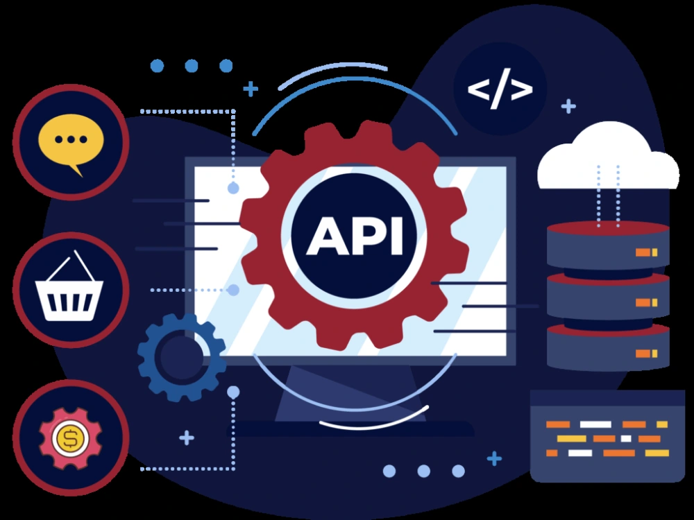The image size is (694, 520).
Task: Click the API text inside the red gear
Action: [x=355, y=235]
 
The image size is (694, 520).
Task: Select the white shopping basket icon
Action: [x=69, y=286]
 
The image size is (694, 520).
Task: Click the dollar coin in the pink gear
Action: [x=70, y=437]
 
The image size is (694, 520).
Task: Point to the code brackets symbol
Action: [x=500, y=89]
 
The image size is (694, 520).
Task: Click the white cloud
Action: [x=608, y=156]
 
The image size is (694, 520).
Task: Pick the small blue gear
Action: [x=181, y=357]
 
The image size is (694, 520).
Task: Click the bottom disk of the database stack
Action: [x=608, y=347]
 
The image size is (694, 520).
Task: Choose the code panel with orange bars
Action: [x=607, y=436]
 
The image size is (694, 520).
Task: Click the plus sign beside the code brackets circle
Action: [x=568, y=106]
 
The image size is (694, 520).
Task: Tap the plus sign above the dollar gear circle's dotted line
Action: [x=187, y=437]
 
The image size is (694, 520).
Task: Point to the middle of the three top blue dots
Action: [x=192, y=66]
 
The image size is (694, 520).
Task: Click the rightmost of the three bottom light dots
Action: [x=458, y=471]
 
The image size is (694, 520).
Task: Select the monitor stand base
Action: [x=350, y=428]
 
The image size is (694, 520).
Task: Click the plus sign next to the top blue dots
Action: [x=251, y=89]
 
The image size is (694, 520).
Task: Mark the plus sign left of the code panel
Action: [x=494, y=458]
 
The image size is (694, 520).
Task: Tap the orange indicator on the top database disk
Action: [x=647, y=252]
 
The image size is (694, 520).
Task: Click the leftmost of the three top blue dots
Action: [x=157, y=66]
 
